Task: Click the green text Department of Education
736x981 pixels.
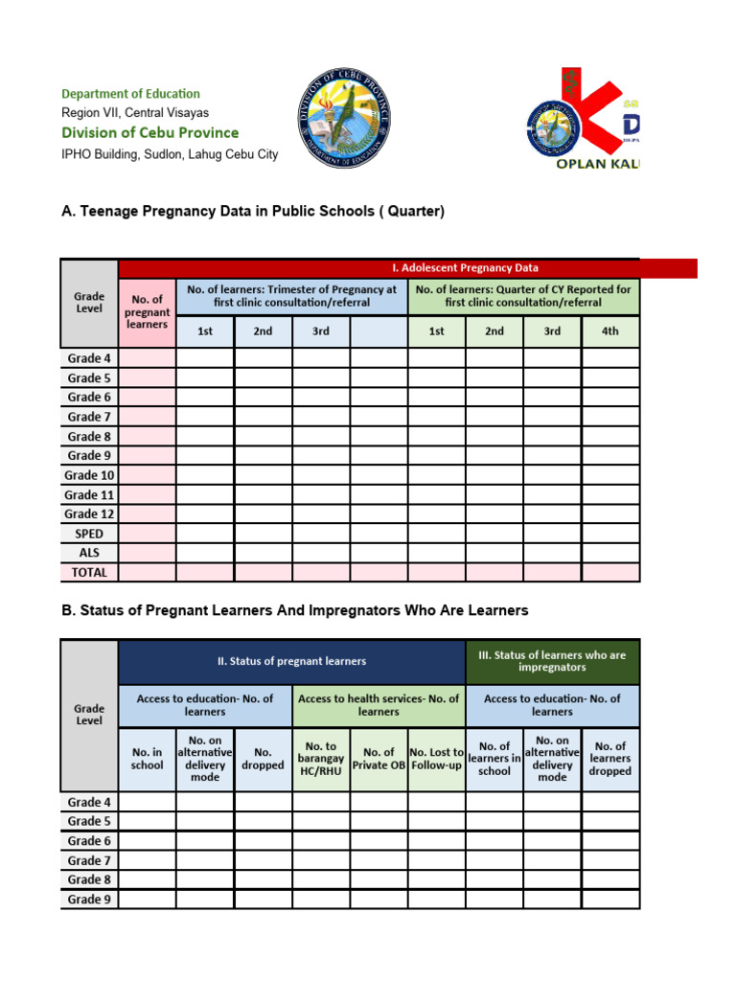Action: (x=130, y=94)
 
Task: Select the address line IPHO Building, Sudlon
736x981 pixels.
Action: (x=170, y=154)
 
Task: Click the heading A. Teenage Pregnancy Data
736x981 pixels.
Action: (x=253, y=211)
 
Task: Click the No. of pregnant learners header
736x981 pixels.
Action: (x=147, y=312)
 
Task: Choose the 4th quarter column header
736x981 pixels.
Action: (x=609, y=331)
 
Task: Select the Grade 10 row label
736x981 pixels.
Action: (x=89, y=475)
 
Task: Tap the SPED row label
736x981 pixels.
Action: (x=89, y=534)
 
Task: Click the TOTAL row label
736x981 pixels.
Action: (x=89, y=573)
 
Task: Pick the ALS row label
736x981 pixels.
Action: (x=89, y=553)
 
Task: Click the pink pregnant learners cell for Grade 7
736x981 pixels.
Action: (x=147, y=417)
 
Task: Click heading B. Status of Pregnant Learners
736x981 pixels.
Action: (x=294, y=610)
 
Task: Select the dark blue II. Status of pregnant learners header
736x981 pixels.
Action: (x=291, y=661)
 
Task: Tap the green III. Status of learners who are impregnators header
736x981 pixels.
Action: (x=552, y=661)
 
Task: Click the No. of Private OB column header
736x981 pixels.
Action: (x=379, y=759)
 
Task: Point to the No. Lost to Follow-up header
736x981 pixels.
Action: (x=436, y=759)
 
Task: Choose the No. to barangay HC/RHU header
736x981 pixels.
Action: (x=321, y=759)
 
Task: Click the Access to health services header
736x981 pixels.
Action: (x=379, y=705)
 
